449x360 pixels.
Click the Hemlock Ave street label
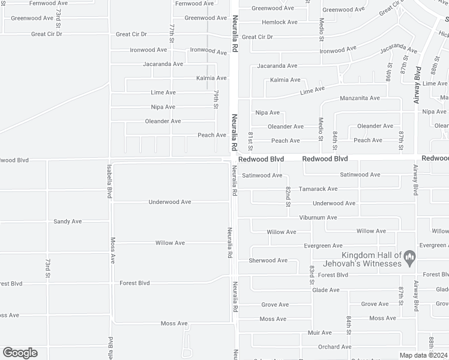click(279, 22)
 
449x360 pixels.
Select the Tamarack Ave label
click(318, 189)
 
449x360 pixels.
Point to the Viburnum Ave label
click(319, 217)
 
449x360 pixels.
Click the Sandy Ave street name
click(67, 221)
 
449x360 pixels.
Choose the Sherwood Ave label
click(268, 260)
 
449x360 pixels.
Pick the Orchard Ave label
click(334, 347)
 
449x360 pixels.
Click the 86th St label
click(389, 74)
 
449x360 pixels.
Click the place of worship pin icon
click(410, 259)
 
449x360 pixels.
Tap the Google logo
click(20, 353)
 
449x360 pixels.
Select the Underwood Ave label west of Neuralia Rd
click(170, 202)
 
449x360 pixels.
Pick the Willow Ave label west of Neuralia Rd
click(170, 243)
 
